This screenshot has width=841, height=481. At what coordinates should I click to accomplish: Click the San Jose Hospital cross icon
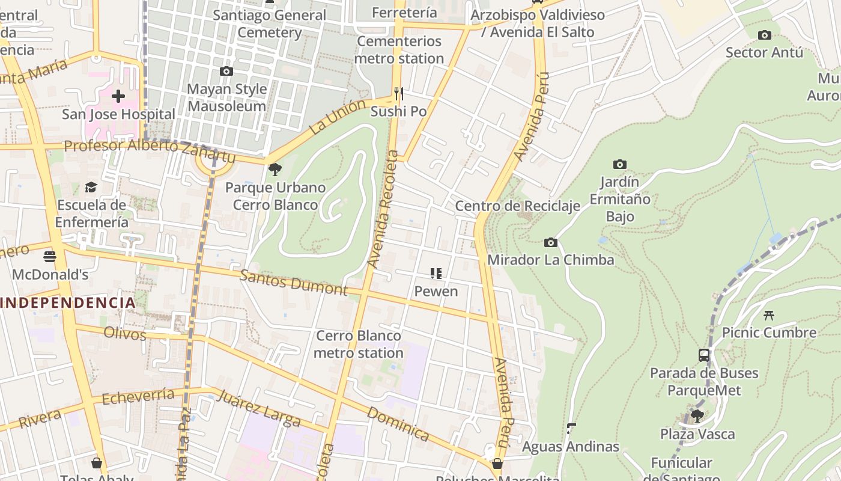118,96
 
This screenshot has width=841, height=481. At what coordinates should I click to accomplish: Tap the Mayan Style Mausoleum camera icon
226,72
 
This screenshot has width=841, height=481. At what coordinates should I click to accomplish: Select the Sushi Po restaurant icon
398,94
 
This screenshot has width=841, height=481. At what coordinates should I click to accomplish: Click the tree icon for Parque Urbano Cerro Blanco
275,170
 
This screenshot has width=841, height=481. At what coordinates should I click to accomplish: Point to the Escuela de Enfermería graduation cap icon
91,188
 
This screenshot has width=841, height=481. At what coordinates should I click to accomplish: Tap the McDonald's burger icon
50,257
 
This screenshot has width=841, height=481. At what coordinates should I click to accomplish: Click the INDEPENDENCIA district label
68,302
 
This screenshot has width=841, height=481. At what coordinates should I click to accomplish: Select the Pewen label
436,292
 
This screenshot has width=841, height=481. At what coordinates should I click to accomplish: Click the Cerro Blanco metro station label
359,344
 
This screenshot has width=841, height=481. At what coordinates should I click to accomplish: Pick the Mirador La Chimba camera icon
550,243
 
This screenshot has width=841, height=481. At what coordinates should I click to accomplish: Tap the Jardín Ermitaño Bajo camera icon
620,165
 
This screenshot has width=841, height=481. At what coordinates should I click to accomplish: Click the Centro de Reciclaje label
517,206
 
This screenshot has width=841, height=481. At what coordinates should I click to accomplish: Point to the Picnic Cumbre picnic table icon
768,315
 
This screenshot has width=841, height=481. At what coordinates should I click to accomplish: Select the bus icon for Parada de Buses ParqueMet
704,355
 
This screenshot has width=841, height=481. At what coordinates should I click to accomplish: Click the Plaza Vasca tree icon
697,415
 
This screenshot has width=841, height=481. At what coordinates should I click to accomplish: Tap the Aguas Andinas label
570,447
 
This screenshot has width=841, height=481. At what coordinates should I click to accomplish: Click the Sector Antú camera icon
764,35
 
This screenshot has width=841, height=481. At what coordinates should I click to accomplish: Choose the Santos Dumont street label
293,283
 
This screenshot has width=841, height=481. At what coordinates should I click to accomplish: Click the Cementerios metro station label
399,50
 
